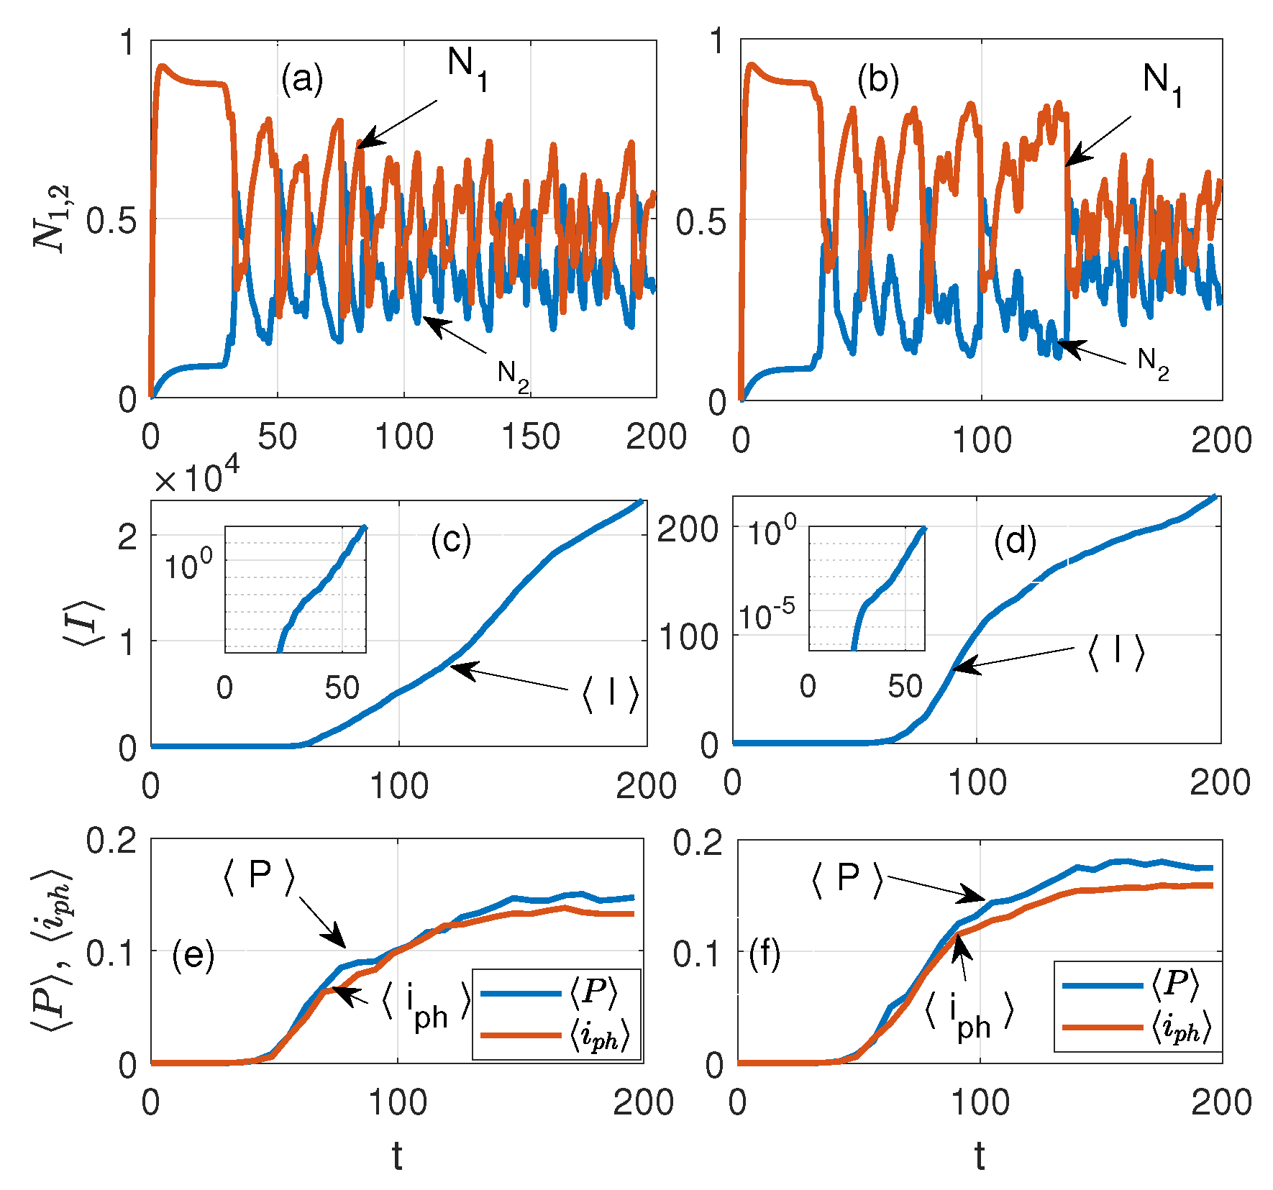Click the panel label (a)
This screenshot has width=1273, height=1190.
tap(302, 79)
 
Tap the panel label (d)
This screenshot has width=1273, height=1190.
tap(1015, 541)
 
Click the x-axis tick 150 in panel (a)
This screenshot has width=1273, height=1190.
tap(531, 437)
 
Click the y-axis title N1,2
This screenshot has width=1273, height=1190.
tap(53, 219)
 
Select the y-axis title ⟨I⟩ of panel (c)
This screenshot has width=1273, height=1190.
tap(89, 622)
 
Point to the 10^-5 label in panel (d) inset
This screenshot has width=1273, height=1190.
tap(767, 615)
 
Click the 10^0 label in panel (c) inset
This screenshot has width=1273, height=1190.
tap(188, 565)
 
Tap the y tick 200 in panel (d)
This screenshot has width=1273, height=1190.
tap(687, 530)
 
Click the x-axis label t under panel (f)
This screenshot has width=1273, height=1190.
tap(980, 1156)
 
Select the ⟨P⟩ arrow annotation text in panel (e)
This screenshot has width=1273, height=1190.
tap(259, 877)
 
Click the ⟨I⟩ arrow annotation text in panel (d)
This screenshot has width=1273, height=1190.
tap(1115, 651)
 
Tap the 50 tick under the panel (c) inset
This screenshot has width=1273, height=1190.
tap(342, 688)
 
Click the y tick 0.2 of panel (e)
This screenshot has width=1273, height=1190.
tap(111, 840)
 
